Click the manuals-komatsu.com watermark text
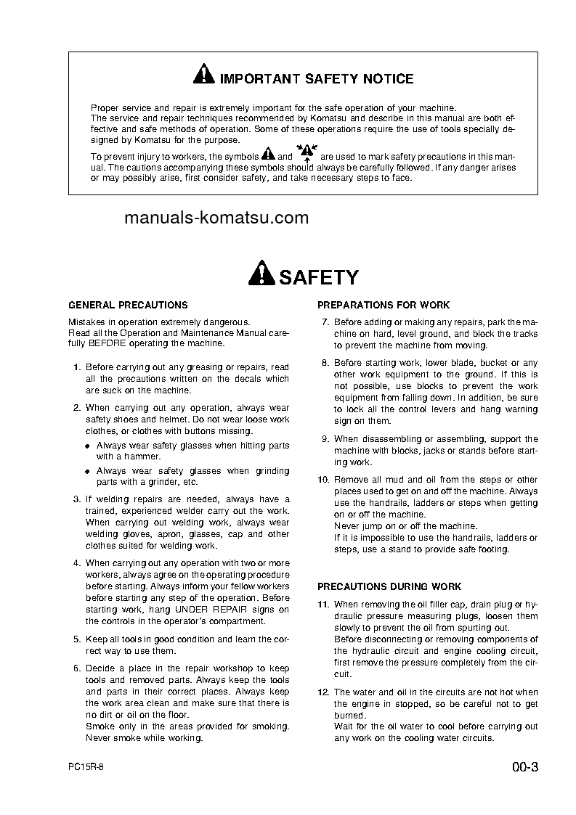coord(216,218)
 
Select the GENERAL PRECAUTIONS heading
coord(128,306)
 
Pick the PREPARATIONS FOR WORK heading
coord(384,306)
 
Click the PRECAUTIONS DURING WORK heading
coord(389,586)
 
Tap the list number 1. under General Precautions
coord(76,368)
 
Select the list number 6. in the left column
coord(76,668)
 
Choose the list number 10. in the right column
coord(324,480)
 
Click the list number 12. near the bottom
coord(324,693)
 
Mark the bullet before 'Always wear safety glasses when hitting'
coord(89,446)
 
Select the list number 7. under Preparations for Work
coord(325,322)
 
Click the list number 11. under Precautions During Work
coord(324,605)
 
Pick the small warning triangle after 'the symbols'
coord(268,155)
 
